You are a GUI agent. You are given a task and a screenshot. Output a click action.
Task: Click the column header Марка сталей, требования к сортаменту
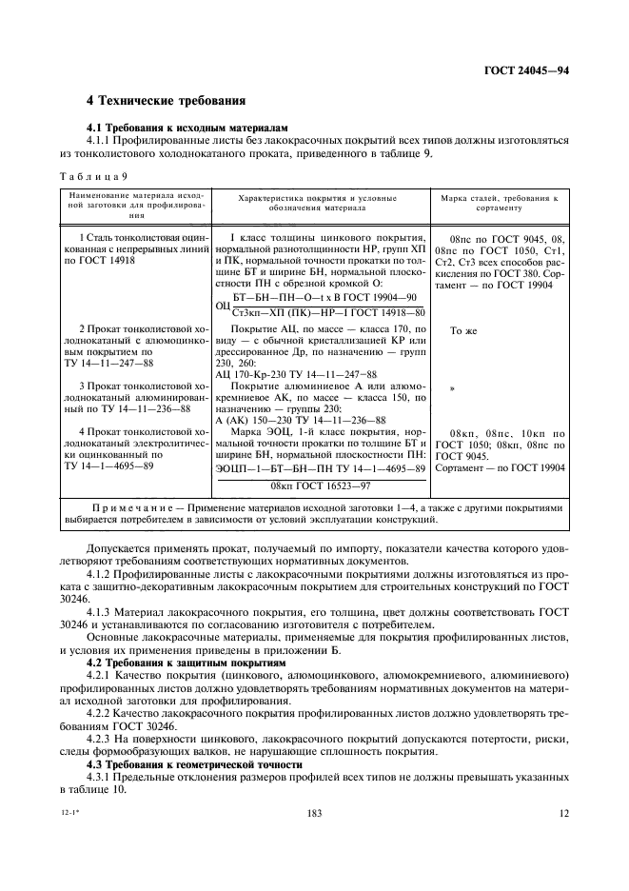tap(499, 201)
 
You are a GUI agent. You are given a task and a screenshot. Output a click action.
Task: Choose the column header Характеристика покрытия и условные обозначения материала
tap(322, 201)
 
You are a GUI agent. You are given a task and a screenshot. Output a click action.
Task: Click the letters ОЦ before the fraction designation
tap(224, 305)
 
